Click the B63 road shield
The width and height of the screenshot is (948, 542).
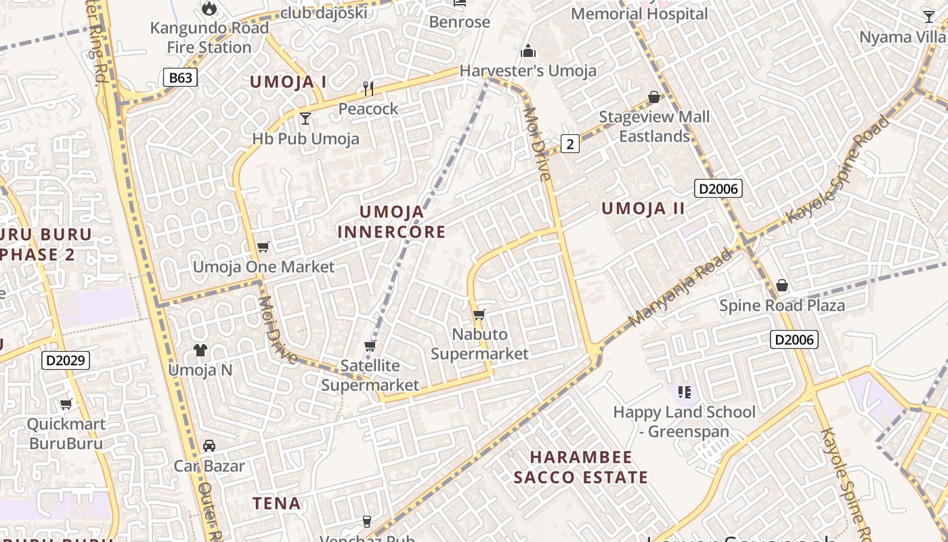pyautogui.click(x=181, y=78)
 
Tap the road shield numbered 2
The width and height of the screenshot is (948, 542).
pyautogui.click(x=570, y=144)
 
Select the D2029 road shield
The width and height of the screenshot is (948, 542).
pyautogui.click(x=66, y=360)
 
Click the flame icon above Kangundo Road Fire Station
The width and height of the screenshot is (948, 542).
pyautogui.click(x=209, y=9)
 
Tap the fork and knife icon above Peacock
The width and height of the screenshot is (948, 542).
pyautogui.click(x=368, y=89)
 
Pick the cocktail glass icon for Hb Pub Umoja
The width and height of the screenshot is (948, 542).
pyautogui.click(x=305, y=119)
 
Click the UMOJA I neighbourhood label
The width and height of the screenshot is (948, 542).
pyautogui.click(x=288, y=83)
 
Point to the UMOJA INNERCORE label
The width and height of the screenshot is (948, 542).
pyautogui.click(x=391, y=222)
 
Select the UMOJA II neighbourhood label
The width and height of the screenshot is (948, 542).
pyautogui.click(x=643, y=209)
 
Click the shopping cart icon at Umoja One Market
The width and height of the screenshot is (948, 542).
pyautogui.click(x=263, y=247)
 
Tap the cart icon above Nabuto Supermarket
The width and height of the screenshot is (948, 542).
pyautogui.click(x=479, y=314)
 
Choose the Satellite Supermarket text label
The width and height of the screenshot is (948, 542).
pyautogui.click(x=370, y=375)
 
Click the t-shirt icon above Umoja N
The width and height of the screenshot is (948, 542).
pyautogui.click(x=200, y=350)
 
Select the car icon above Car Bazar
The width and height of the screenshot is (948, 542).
pyautogui.click(x=209, y=446)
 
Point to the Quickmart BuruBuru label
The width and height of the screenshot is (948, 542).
pyautogui.click(x=66, y=434)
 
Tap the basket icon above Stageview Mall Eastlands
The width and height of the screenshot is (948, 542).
pyautogui.click(x=654, y=98)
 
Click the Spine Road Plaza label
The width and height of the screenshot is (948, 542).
pyautogui.click(x=782, y=306)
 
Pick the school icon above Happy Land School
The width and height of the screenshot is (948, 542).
pyautogui.click(x=684, y=392)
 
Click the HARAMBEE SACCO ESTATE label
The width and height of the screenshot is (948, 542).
pyautogui.click(x=581, y=467)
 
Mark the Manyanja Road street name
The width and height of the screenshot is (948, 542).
pyautogui.click(x=680, y=288)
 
